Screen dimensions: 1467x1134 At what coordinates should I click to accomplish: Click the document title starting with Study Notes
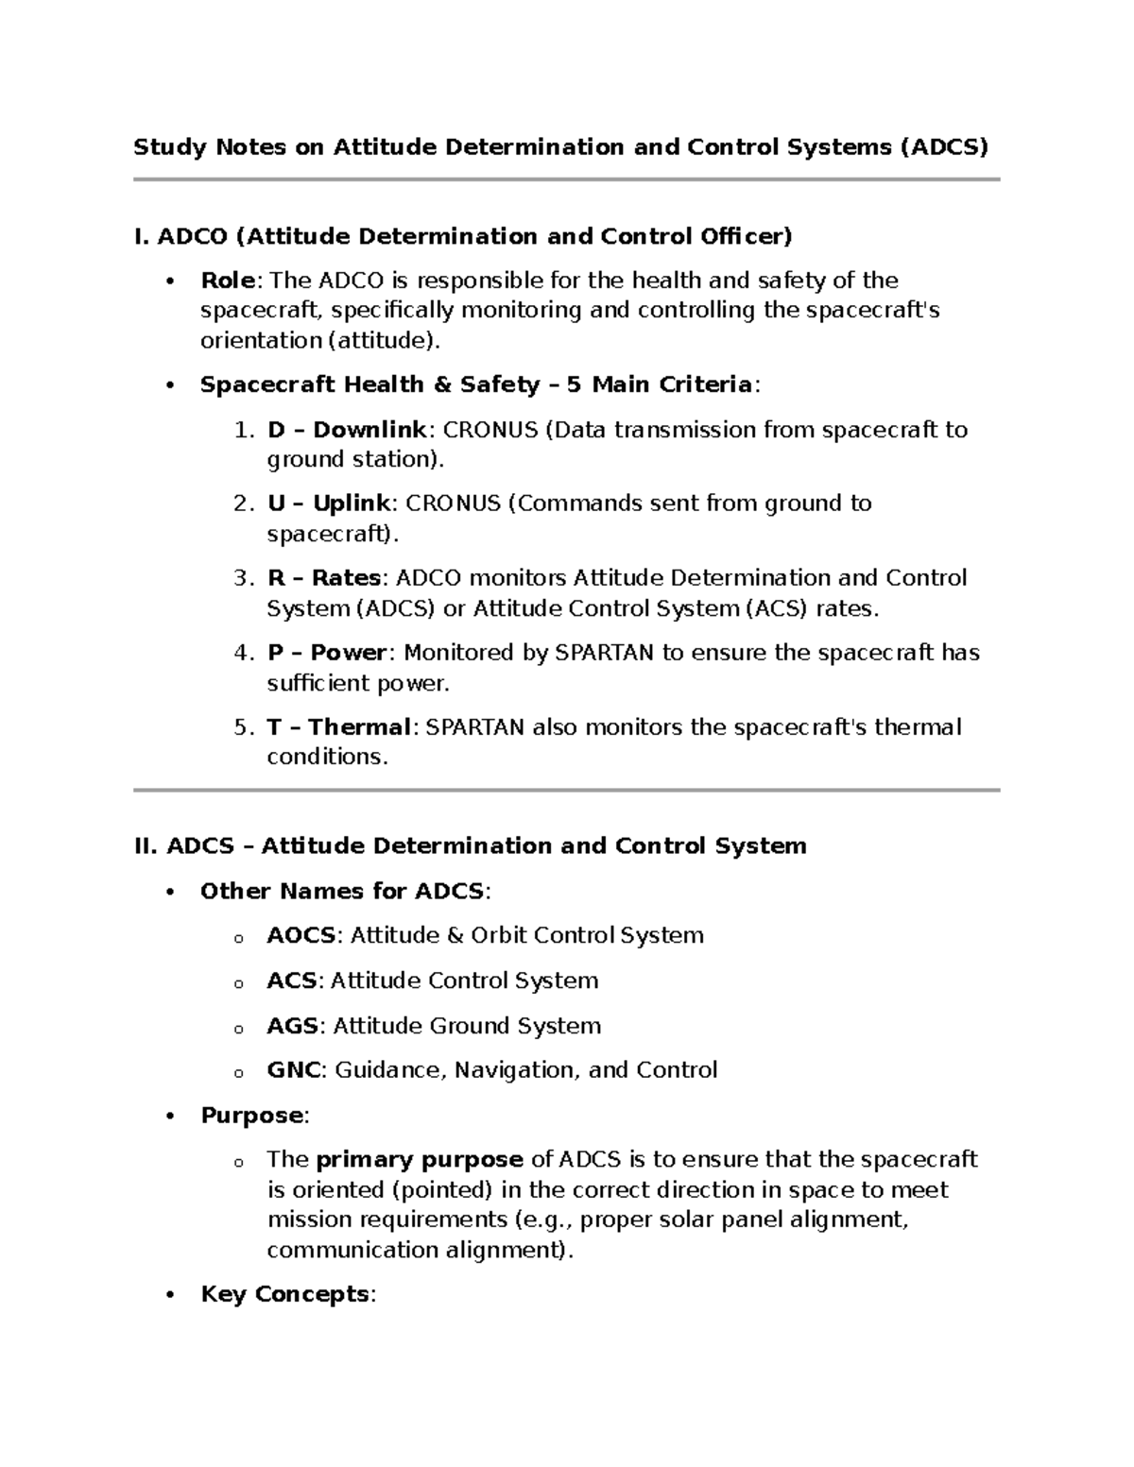[560, 147]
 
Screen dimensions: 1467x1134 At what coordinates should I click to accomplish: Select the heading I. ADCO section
[463, 235]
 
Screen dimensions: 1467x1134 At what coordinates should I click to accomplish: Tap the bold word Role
[228, 281]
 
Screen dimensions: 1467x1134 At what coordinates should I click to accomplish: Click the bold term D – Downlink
[347, 430]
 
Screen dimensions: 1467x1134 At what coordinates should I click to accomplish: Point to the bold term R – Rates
[324, 578]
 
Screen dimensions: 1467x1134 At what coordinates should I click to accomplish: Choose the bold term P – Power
[327, 653]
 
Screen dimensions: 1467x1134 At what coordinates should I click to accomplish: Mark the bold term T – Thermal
[338, 727]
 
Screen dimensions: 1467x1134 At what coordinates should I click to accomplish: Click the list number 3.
[242, 578]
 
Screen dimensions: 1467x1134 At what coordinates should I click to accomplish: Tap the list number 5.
[242, 727]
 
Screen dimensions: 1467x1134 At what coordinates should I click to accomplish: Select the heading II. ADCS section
[471, 845]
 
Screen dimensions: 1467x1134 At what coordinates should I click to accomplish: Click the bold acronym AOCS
[301, 935]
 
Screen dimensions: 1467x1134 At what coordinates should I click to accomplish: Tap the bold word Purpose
[251, 1116]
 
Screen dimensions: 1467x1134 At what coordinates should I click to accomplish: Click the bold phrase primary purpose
[420, 1160]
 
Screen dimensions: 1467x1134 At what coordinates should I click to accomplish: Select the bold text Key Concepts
[284, 1294]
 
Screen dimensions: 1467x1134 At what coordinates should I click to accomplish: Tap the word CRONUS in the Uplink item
[458, 503]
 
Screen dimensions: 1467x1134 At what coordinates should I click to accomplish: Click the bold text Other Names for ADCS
[342, 891]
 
